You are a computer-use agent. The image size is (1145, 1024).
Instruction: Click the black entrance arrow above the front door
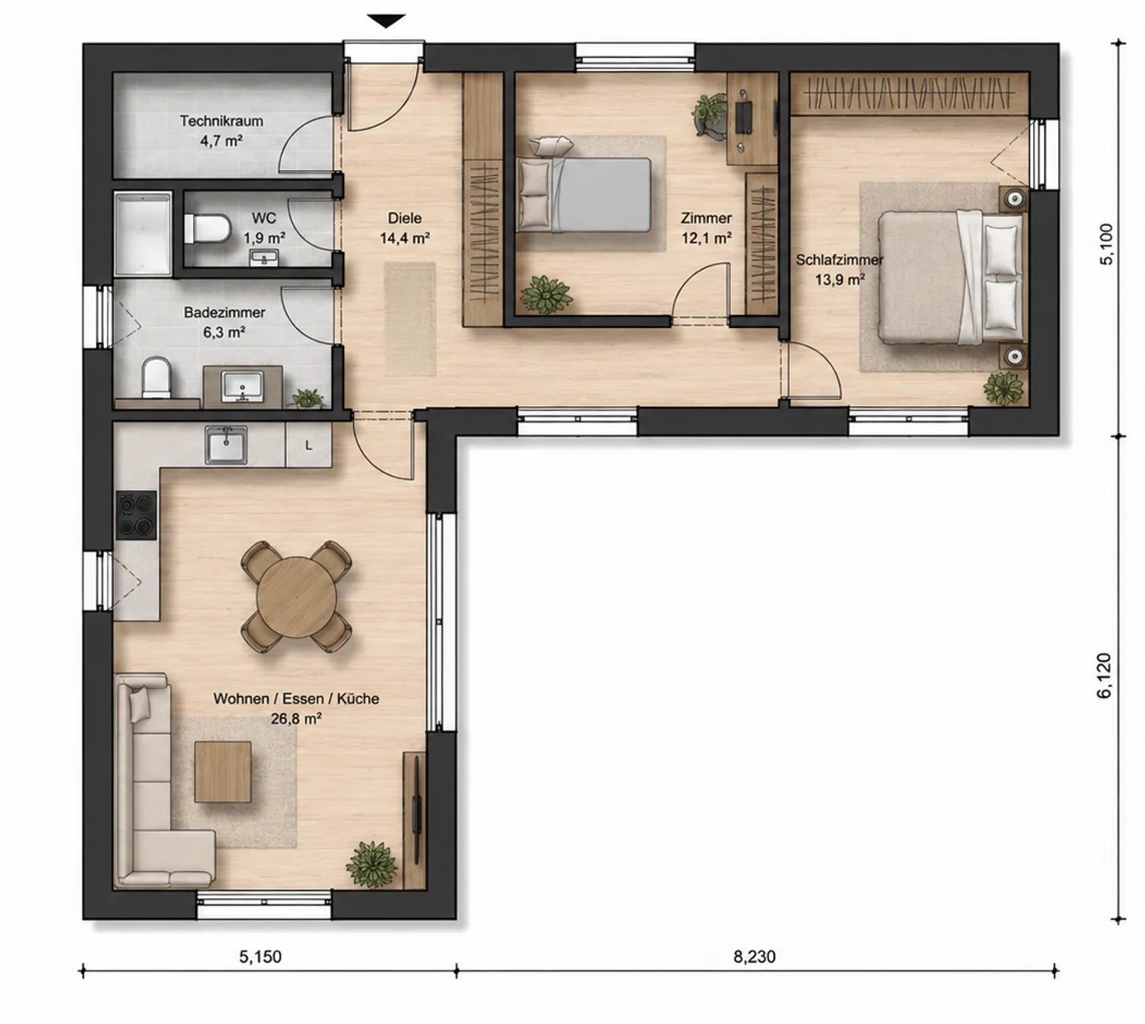click(x=387, y=21)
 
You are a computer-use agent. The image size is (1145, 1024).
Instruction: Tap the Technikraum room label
click(x=222, y=121)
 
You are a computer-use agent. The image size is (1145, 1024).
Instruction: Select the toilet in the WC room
click(x=208, y=228)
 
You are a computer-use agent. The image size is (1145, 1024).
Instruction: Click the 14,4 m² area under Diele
click(x=405, y=238)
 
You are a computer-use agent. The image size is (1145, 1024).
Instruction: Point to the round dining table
click(x=297, y=596)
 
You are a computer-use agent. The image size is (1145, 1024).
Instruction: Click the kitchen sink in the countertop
click(x=226, y=444)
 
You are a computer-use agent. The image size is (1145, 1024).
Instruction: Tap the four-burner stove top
click(x=137, y=514)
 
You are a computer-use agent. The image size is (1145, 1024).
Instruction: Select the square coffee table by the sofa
click(x=222, y=771)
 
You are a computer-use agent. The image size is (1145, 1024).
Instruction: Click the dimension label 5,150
click(x=260, y=957)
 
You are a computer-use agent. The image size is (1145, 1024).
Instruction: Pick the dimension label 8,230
click(x=755, y=957)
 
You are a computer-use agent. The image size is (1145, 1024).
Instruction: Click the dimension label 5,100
click(x=1106, y=244)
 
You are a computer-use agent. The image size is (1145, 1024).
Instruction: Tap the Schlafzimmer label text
click(x=839, y=260)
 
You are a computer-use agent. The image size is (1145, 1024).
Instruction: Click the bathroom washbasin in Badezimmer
click(x=242, y=386)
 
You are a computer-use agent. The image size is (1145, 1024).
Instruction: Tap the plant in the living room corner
click(x=371, y=864)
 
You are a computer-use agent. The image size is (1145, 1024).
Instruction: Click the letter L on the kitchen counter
click(x=308, y=445)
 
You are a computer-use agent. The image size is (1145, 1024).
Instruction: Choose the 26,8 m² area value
click(x=296, y=719)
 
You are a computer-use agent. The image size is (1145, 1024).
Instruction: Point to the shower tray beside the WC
click(x=142, y=234)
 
